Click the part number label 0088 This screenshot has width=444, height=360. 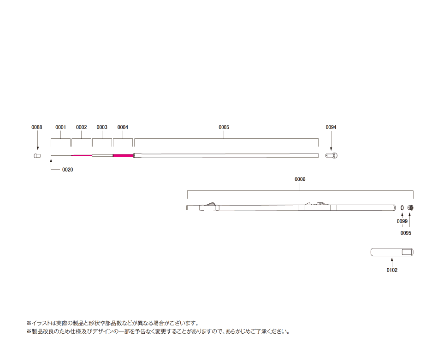[x=37, y=127]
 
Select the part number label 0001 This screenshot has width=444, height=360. [x=60, y=127]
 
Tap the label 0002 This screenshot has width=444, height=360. [x=82, y=127]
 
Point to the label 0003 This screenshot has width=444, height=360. [x=102, y=127]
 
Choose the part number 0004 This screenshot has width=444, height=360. [x=123, y=127]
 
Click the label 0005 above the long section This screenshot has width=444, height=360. [x=224, y=127]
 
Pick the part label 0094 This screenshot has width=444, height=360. [x=331, y=127]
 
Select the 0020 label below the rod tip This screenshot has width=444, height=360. [x=68, y=170]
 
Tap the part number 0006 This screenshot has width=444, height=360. [x=300, y=179]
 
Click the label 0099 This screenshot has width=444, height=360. [x=402, y=221]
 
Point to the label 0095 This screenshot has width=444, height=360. [x=406, y=233]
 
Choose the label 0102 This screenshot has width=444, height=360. [x=392, y=270]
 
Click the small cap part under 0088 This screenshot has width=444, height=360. [x=37, y=156]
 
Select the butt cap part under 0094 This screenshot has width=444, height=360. [x=332, y=155]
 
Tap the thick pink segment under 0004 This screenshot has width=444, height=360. [x=123, y=155]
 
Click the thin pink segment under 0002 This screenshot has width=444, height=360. [x=82, y=155]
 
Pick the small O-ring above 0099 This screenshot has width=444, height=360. [x=402, y=208]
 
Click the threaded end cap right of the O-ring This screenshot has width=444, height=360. [x=410, y=208]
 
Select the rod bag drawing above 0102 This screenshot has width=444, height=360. [x=392, y=252]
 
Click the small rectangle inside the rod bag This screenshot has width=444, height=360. [x=407, y=252]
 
